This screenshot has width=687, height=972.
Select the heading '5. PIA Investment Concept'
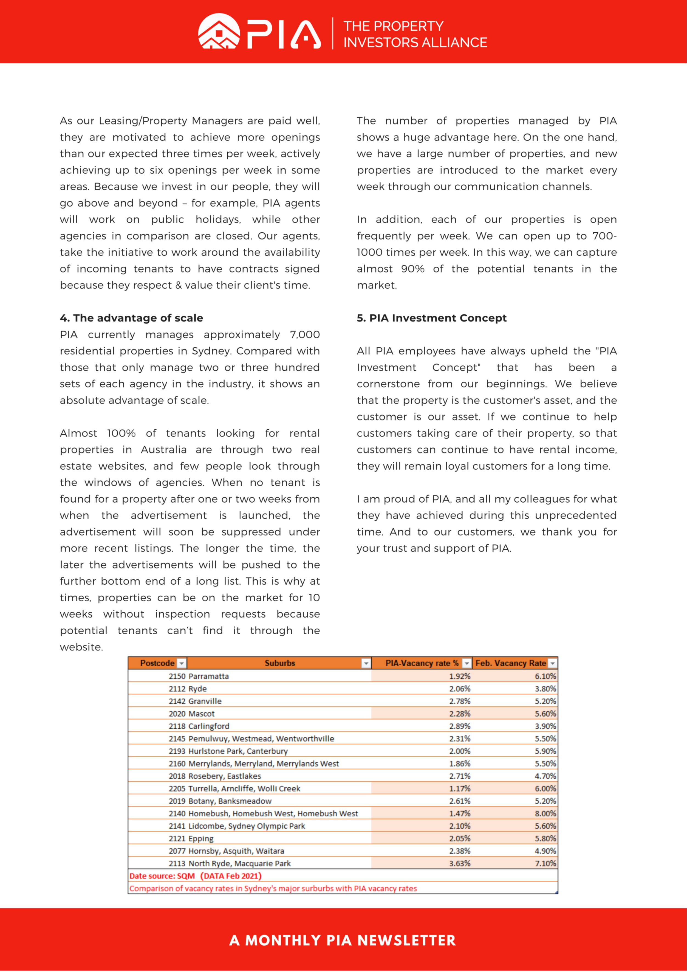[431, 318]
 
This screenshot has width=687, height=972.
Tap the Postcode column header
[157, 663]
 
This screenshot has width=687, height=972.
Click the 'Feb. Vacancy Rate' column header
[510, 663]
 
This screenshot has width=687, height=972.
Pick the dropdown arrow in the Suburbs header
[366, 663]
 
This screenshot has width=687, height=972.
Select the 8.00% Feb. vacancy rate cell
[545, 813]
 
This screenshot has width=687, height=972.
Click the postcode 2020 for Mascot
[177, 714]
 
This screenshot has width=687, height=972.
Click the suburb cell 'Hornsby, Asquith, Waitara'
[236, 851]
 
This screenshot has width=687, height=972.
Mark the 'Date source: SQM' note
[162, 876]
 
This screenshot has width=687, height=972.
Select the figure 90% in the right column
[413, 269]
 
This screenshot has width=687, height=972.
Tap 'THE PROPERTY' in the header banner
[393, 26]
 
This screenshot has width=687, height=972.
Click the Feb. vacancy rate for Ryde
[545, 689]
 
